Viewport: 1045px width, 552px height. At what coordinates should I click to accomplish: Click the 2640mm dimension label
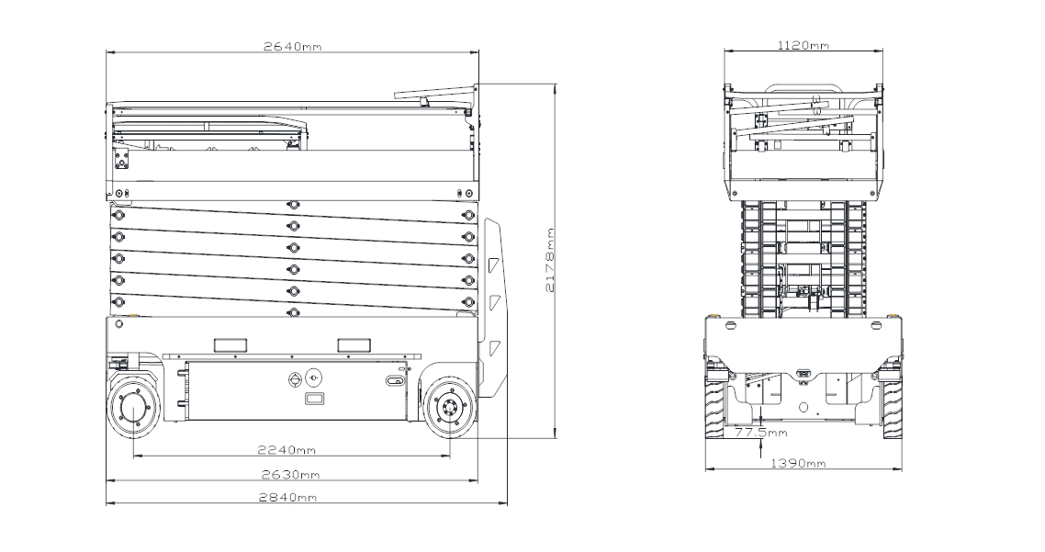pyautogui.click(x=292, y=46)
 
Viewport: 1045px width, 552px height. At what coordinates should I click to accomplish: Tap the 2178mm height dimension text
pyautogui.click(x=550, y=260)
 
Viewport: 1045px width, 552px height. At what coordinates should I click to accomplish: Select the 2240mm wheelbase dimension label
pyautogui.click(x=287, y=450)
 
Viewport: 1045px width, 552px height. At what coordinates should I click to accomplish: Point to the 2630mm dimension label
pyautogui.click(x=290, y=475)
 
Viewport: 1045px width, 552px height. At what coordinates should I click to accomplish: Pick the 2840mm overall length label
pyautogui.click(x=288, y=497)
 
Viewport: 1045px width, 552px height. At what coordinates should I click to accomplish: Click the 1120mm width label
pyautogui.click(x=803, y=45)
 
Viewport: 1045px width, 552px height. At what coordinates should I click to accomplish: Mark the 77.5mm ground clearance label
pyautogui.click(x=760, y=432)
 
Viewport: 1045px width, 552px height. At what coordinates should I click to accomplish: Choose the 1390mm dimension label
pyautogui.click(x=798, y=463)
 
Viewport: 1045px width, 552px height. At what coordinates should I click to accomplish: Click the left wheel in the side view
pyautogui.click(x=134, y=408)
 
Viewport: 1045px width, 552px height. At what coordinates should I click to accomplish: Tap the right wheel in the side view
pyautogui.click(x=449, y=408)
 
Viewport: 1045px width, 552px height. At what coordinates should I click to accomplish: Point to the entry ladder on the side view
pyautogui.click(x=494, y=307)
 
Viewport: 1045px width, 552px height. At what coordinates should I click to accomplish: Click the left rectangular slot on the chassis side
pyautogui.click(x=230, y=344)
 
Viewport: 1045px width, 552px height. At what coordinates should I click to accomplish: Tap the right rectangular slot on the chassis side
pyautogui.click(x=354, y=344)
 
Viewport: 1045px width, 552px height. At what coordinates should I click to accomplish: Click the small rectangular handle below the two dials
pyautogui.click(x=314, y=399)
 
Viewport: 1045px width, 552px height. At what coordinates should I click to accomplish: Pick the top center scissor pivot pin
pyautogui.click(x=291, y=204)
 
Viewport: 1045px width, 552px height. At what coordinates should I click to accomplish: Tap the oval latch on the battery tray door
pyautogui.click(x=395, y=380)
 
